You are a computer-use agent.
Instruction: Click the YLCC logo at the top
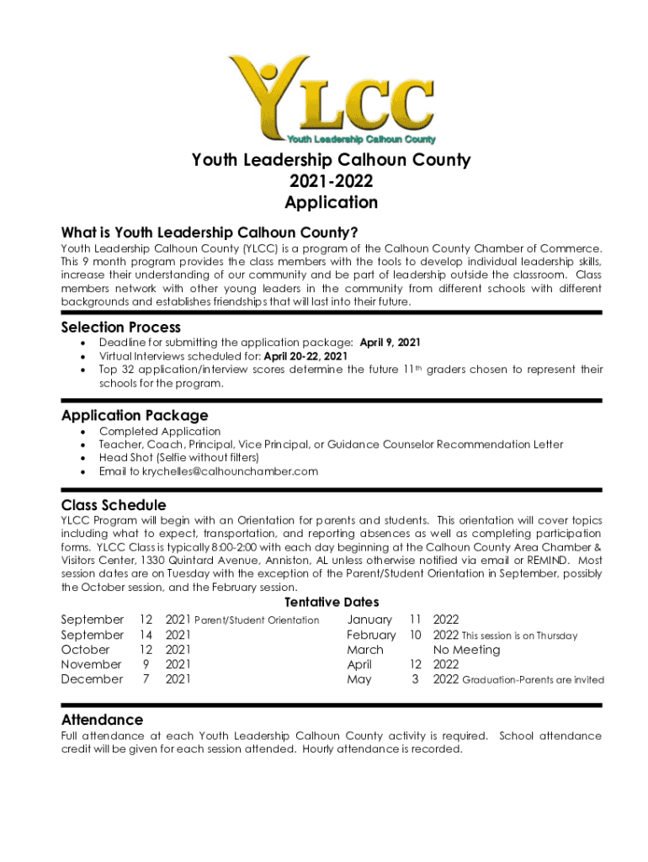tap(331, 100)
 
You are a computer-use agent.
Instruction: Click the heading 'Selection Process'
tap(120, 327)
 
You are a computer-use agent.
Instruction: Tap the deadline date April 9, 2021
tap(390, 343)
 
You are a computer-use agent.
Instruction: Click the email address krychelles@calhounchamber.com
tap(230, 471)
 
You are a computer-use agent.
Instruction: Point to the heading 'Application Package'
tap(135, 415)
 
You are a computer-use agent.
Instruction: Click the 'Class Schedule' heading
tap(114, 505)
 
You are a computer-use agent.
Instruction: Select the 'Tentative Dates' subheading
tap(332, 602)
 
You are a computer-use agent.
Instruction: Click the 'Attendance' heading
tap(102, 720)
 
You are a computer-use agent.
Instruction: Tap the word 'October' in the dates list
tap(85, 650)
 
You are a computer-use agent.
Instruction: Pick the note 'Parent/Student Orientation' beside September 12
tap(257, 620)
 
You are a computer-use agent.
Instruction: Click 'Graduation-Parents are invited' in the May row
tap(533, 680)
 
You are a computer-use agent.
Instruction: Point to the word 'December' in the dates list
tap(92, 679)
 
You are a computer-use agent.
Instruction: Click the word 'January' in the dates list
tap(369, 620)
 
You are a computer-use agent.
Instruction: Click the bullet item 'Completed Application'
tap(160, 431)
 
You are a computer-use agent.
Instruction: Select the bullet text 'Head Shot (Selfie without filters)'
tap(178, 458)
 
